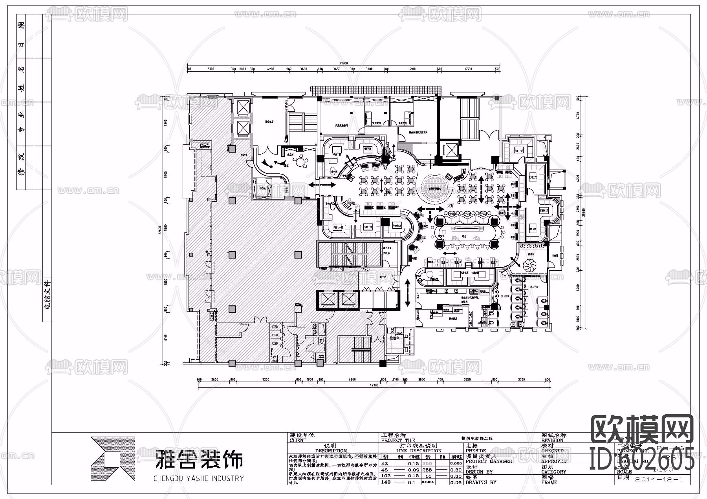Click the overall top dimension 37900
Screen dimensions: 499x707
coord(344,63)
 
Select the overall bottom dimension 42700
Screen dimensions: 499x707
coord(373,385)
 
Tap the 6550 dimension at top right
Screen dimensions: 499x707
coord(468,69)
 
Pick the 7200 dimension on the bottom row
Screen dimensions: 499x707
coord(266,380)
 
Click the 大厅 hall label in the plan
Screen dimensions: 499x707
coord(451,206)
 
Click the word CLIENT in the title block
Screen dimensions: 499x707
coord(298,440)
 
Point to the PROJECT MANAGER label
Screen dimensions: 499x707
coord(489,461)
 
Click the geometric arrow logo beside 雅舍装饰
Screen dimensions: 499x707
coord(112,459)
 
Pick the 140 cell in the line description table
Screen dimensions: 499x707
coord(386,482)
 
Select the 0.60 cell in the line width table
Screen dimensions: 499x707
coord(456,476)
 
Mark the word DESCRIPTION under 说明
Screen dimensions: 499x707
coord(331,451)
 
